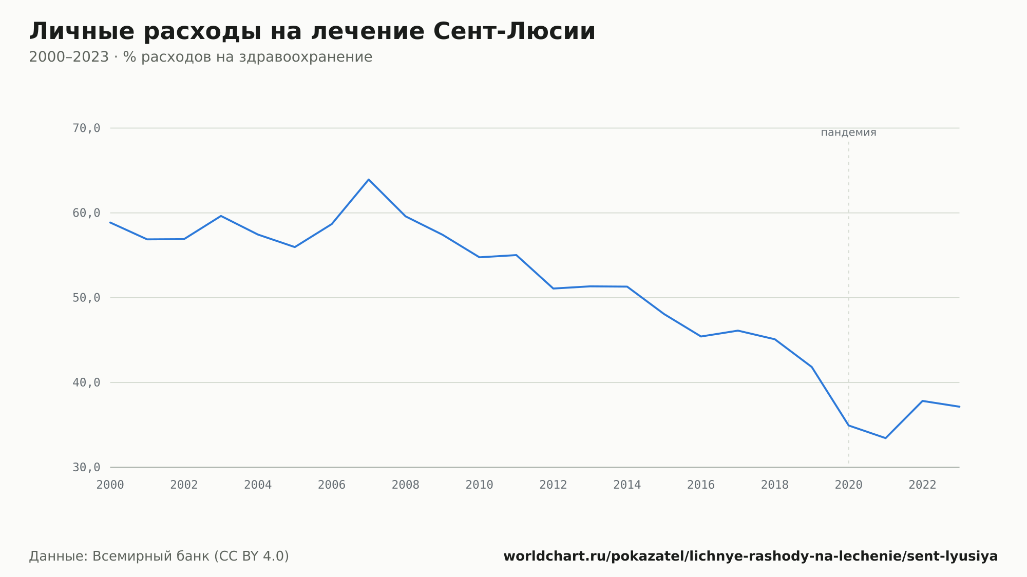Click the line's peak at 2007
click(369, 179)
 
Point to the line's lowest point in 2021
click(885, 438)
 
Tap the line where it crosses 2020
click(848, 426)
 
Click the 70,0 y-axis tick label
click(86, 128)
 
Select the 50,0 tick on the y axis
click(86, 298)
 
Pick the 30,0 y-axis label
click(86, 467)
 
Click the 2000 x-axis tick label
click(110, 485)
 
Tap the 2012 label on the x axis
click(553, 485)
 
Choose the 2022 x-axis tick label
click(922, 485)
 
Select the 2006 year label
click(332, 485)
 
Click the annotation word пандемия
click(848, 132)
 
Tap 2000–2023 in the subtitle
click(69, 57)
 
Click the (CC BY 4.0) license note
click(252, 556)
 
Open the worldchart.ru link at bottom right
click(750, 556)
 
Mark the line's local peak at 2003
click(221, 216)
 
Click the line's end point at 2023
click(959, 407)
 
